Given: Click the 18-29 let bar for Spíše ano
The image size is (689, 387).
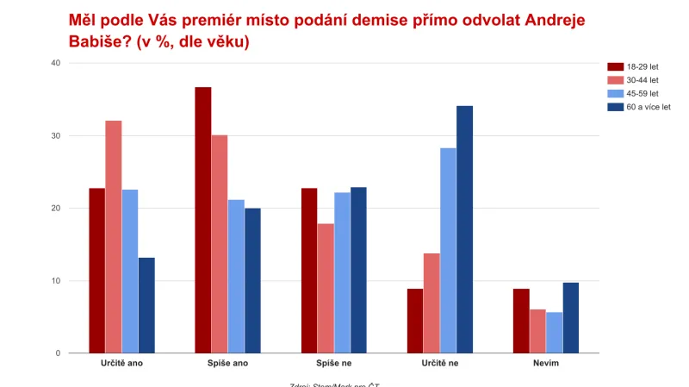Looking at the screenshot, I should pos(203,220).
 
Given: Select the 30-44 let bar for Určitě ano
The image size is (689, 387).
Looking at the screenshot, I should pos(114,237).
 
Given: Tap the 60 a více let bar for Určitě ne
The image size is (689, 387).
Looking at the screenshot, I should pos(465,229).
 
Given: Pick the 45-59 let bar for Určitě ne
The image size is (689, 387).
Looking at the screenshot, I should pos(449,250).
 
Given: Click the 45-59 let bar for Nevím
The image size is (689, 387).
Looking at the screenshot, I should pos(555,333).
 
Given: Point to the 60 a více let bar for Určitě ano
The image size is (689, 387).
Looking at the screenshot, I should pos(146,305).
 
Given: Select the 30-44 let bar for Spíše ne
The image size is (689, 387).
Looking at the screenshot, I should pos(326,288).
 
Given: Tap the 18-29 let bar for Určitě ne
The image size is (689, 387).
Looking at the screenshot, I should pos(415,321).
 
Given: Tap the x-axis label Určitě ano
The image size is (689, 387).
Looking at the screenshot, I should pos(121,364).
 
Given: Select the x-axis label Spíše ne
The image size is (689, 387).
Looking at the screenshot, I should pos(334,364).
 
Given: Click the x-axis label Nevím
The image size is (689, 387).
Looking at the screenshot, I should pos(546,364).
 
